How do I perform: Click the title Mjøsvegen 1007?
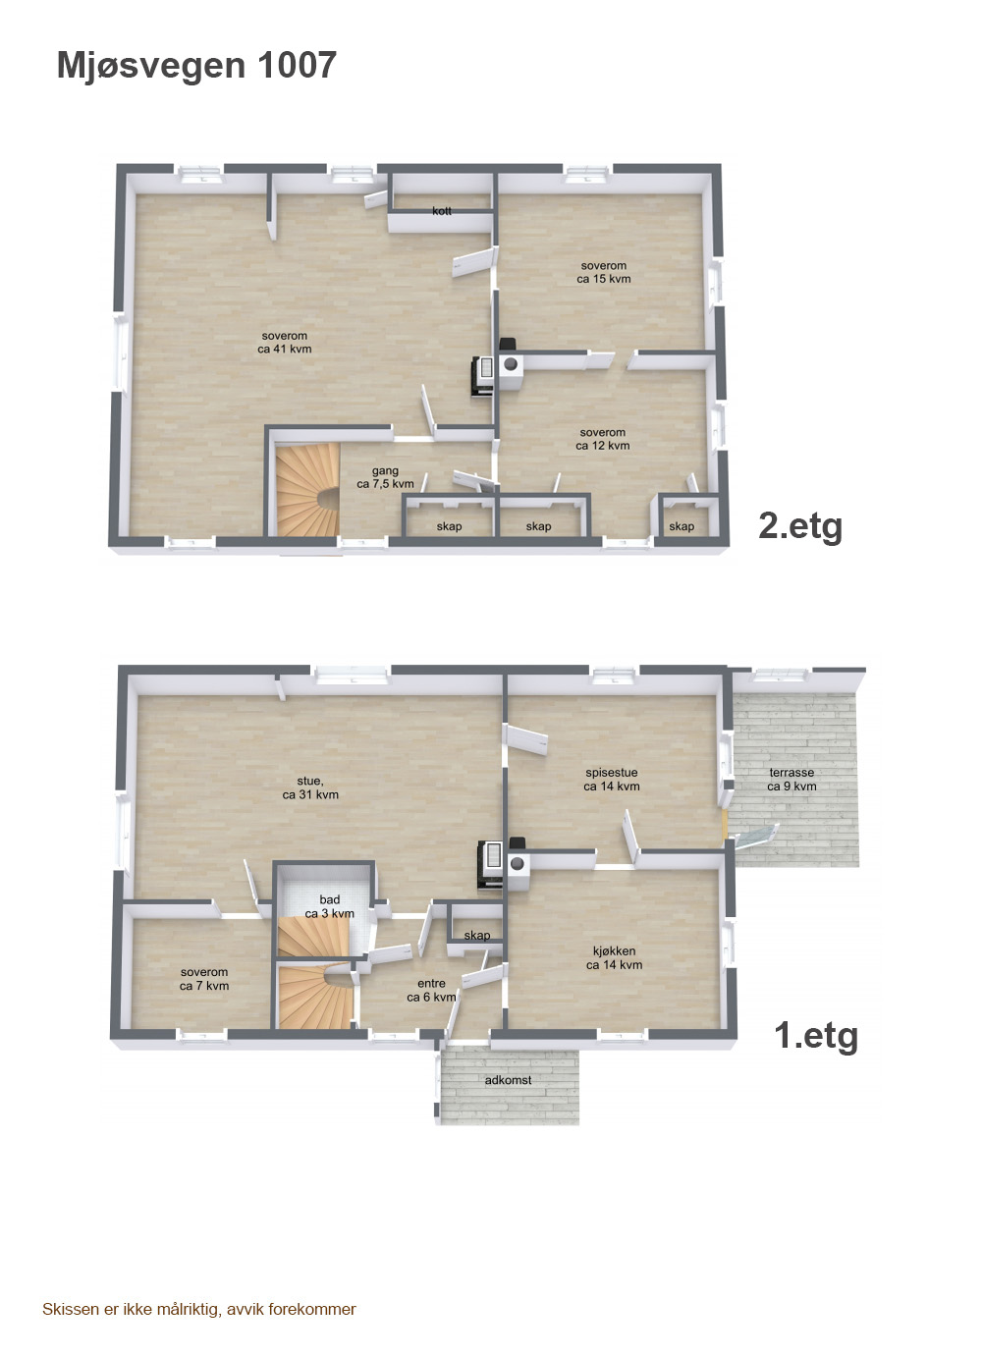click(x=196, y=66)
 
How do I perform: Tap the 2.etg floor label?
click(x=800, y=526)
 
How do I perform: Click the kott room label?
click(x=442, y=211)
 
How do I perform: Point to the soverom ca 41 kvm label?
click(x=285, y=342)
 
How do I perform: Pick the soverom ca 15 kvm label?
click(x=604, y=272)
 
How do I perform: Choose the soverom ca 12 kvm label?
click(x=602, y=439)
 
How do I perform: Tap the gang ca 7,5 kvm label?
click(x=386, y=477)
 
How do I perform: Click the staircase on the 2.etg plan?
click(x=307, y=489)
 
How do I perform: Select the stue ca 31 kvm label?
click(x=310, y=788)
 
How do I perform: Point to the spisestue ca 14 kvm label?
click(x=612, y=780)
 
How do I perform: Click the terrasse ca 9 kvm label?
click(x=791, y=780)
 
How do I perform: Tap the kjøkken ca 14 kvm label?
click(x=614, y=957)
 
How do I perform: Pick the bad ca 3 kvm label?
click(x=329, y=907)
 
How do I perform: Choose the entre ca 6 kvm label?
click(x=431, y=991)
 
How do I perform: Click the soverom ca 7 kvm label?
click(x=204, y=979)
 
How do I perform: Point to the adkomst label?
click(x=508, y=1080)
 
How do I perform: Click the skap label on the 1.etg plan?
click(x=477, y=936)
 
